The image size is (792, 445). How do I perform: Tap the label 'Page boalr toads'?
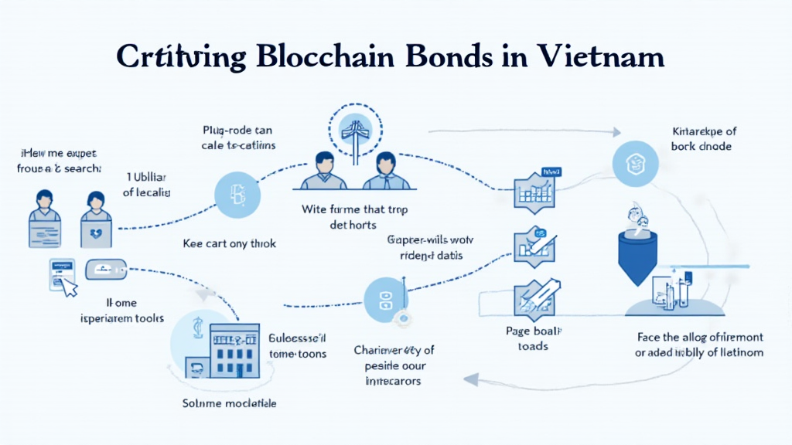tap(533, 339)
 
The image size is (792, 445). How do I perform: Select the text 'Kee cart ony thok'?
tap(229, 243)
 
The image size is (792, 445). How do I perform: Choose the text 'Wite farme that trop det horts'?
tap(353, 216)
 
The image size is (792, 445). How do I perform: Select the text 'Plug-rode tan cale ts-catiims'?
tap(238, 138)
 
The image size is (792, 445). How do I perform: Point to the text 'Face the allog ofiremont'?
tap(699, 338)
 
